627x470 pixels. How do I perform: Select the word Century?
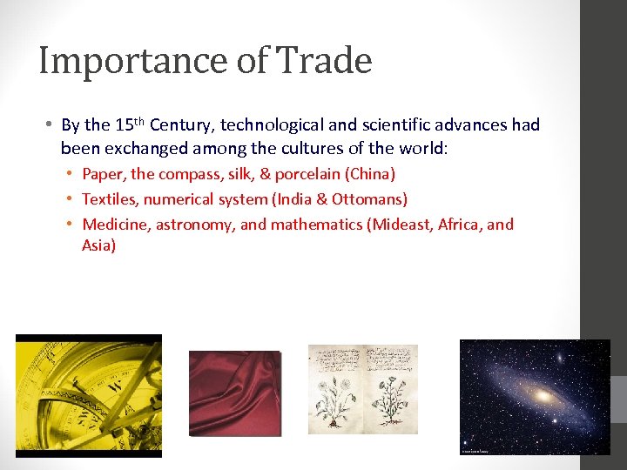click(x=182, y=125)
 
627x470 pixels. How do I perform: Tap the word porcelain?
click(x=309, y=174)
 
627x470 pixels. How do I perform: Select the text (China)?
click(x=372, y=174)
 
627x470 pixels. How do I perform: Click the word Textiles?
click(x=109, y=199)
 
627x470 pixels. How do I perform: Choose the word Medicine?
click(x=117, y=225)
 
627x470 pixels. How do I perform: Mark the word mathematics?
click(x=316, y=225)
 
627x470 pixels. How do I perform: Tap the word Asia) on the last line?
click(x=98, y=245)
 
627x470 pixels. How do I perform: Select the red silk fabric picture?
click(x=235, y=393)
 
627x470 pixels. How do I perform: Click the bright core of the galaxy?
click(x=543, y=396)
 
